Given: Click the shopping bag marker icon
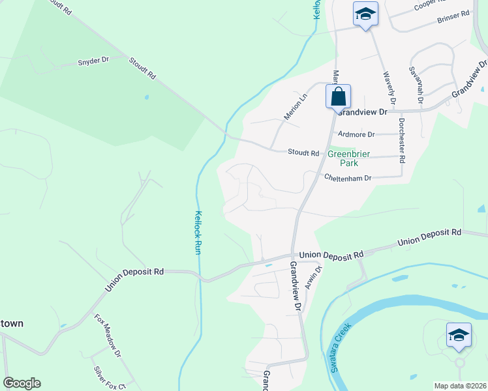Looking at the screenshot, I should [339, 97].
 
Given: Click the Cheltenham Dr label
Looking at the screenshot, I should [348, 178].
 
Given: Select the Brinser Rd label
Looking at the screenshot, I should [455, 16].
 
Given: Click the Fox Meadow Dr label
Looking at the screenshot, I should [108, 336].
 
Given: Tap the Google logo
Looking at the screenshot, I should [22, 383].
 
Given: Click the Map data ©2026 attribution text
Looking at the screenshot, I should [460, 386].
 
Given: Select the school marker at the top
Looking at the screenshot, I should [365, 14].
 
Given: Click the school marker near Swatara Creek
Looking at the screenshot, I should [459, 336].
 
